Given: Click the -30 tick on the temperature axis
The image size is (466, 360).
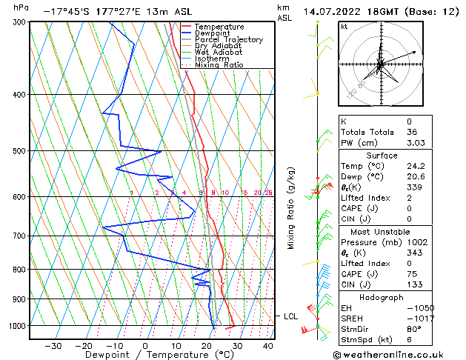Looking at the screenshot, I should (53, 345).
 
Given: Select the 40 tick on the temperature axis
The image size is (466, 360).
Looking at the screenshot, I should (268, 345).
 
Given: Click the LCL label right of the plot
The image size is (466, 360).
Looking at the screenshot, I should (290, 316).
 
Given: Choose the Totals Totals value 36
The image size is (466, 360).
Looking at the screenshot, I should (409, 132).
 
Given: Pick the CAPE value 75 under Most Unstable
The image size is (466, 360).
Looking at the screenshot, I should (409, 274).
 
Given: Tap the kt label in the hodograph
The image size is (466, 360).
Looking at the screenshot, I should (344, 26).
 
